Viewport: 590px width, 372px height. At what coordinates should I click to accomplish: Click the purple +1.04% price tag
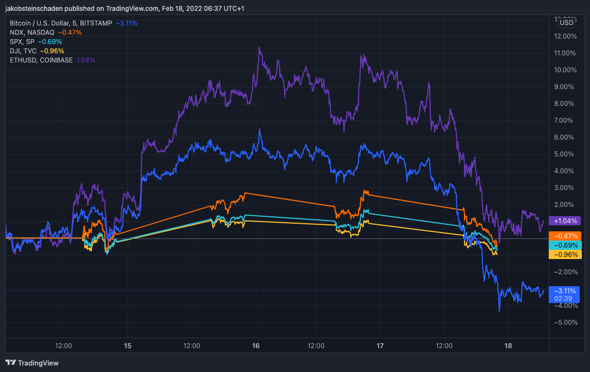565,221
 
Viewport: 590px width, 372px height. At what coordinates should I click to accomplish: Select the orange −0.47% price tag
565,236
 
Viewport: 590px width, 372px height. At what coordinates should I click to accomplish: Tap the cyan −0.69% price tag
565,245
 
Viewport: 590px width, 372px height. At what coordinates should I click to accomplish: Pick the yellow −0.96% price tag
565,255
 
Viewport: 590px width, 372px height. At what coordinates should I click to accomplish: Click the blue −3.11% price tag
564,294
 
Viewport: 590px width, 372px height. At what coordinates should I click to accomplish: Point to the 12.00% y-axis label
565,36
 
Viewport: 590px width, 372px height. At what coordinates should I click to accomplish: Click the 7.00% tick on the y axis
563,121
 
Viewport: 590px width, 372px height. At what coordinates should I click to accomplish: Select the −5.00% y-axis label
566,323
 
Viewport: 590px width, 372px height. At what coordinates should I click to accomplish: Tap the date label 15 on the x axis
128,346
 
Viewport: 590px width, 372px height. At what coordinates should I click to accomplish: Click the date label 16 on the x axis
256,346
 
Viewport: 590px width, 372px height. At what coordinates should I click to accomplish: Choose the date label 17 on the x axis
380,346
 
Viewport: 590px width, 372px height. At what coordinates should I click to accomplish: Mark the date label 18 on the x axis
508,346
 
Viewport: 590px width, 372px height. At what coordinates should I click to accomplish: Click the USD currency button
566,23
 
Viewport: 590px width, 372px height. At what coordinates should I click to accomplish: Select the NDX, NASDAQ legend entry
32,33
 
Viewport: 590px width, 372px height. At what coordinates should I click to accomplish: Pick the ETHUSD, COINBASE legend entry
41,60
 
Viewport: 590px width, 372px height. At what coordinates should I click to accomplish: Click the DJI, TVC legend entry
23,51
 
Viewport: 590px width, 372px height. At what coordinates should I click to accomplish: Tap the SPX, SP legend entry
22,42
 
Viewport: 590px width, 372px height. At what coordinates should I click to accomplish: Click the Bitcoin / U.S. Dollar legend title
39,23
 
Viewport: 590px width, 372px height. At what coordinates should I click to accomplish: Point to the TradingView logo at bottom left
32,363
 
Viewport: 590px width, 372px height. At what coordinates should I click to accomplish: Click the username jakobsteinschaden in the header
34,8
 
